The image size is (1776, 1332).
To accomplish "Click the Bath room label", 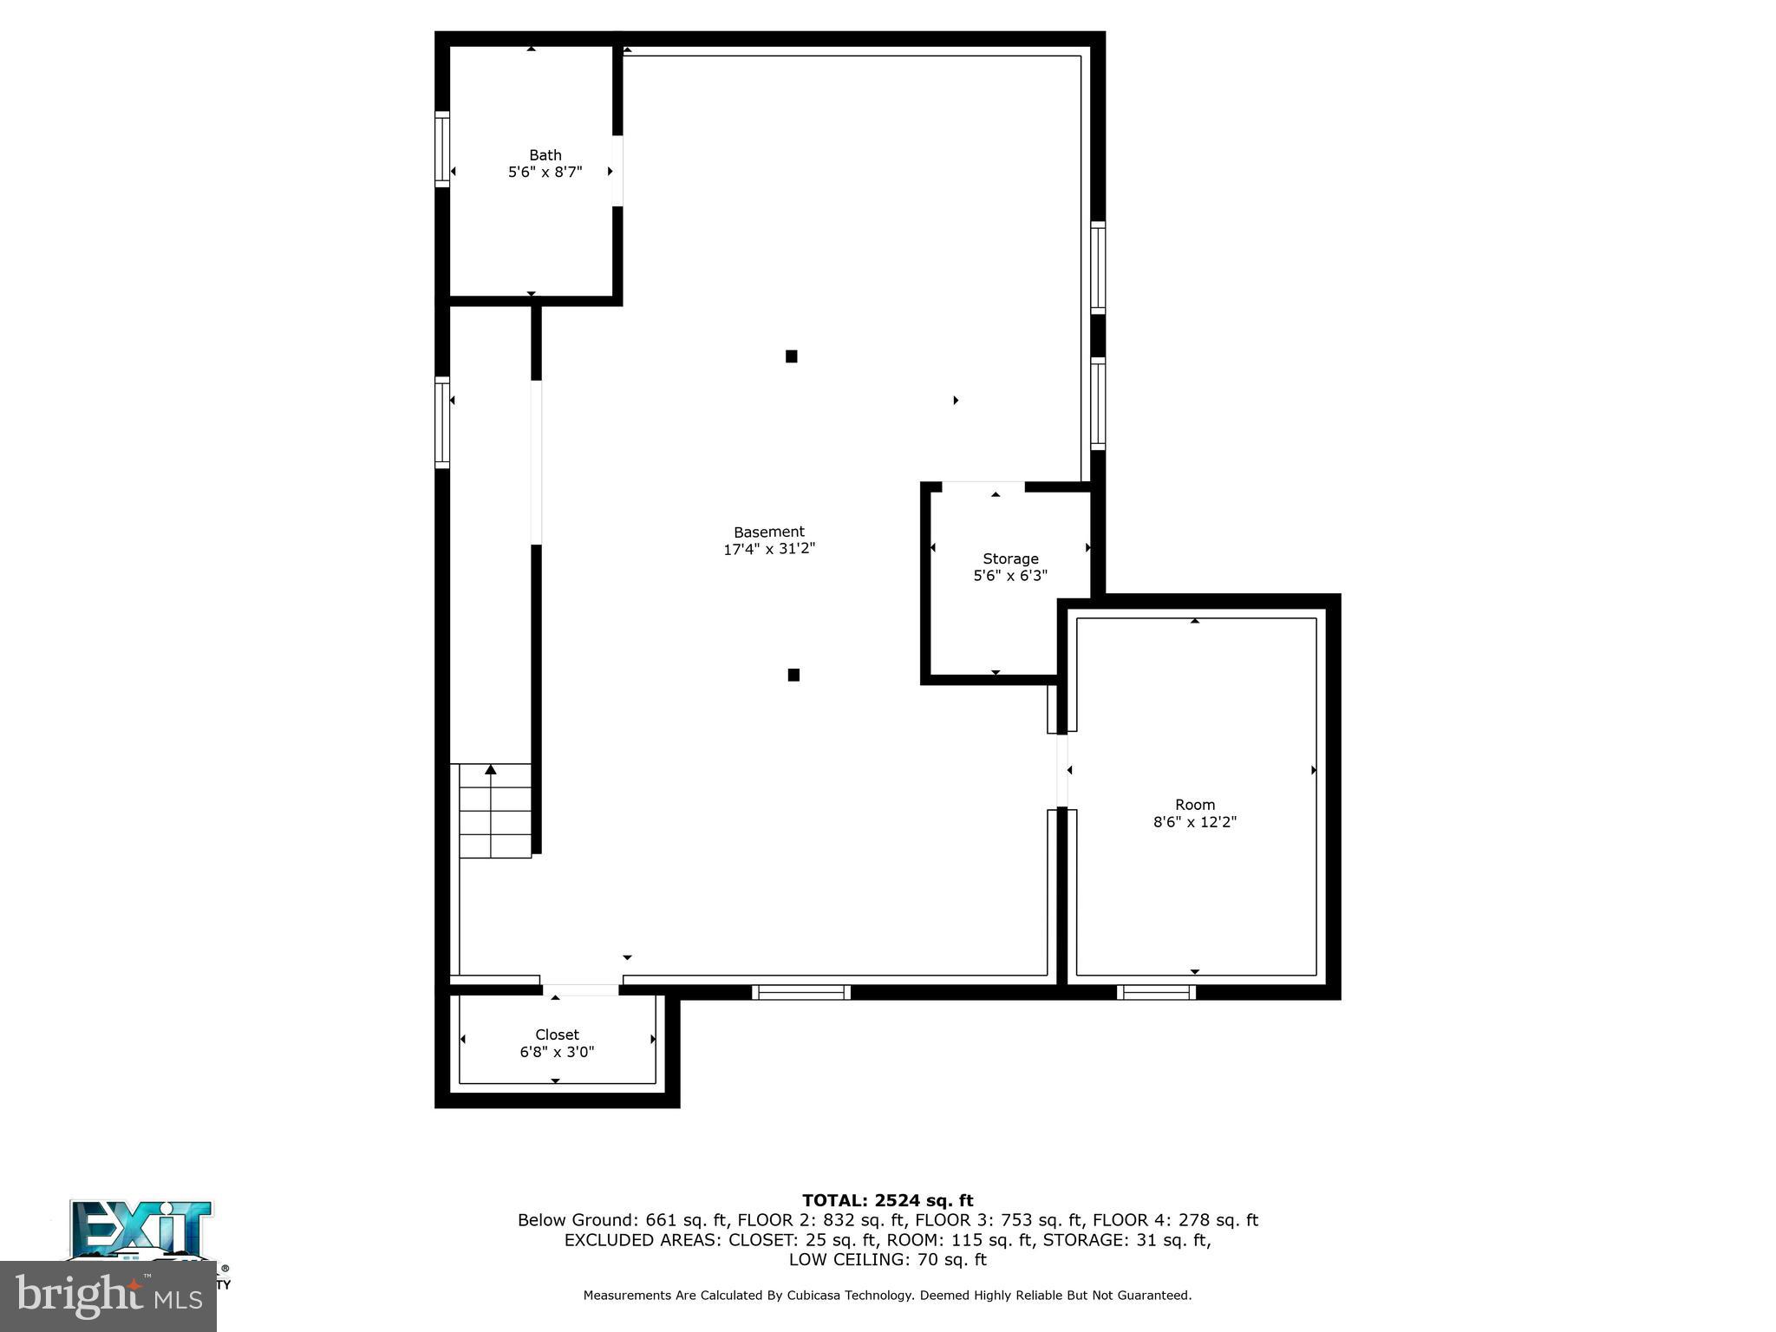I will [x=545, y=155].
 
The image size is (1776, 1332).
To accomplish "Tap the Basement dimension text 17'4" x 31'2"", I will [x=769, y=549].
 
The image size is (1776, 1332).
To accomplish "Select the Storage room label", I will [x=1010, y=558].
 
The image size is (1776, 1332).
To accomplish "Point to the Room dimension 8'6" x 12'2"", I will [x=1194, y=822].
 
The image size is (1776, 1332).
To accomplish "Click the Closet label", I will [x=557, y=1035].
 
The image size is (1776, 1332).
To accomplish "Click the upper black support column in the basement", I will [x=791, y=356].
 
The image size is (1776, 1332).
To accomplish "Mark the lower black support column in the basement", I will [x=793, y=675].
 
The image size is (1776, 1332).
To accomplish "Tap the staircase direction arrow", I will [x=491, y=769].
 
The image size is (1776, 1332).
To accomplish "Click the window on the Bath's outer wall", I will [x=442, y=149].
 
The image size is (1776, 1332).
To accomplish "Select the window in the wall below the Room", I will [x=1156, y=992].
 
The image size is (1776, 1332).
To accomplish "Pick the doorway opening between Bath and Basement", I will [x=617, y=171].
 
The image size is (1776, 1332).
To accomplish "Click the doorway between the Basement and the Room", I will [x=1061, y=771].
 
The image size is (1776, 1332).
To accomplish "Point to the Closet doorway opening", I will [x=580, y=989].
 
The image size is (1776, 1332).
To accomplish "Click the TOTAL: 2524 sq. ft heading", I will [x=887, y=1201].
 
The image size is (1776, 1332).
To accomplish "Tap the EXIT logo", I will [x=140, y=1230].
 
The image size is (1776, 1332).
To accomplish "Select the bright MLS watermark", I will [x=108, y=1296].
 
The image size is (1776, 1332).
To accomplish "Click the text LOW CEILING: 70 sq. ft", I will [x=887, y=1260].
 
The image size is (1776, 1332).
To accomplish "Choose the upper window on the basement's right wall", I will [x=1098, y=267].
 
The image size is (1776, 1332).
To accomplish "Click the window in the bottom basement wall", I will [x=800, y=992].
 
